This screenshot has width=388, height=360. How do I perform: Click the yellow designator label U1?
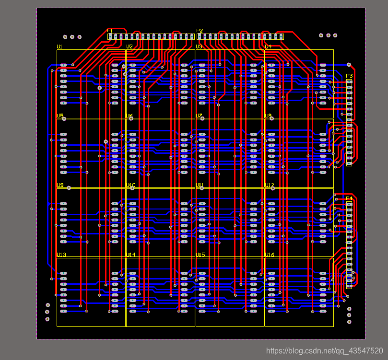pos(59,46)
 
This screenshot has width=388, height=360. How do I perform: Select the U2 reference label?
pos(129,46)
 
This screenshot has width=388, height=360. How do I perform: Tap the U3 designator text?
pos(199,46)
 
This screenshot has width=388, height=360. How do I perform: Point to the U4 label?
pos(268,46)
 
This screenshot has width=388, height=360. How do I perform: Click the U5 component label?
pos(60,116)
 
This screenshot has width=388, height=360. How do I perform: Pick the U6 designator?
pos(129,116)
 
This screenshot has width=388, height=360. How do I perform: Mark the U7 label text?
pos(199,116)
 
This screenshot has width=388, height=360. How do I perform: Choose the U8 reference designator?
pos(268,116)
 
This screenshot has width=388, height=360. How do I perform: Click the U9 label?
pos(60,185)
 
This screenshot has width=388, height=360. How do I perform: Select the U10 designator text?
pos(131,185)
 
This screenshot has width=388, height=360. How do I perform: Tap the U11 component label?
pos(200,185)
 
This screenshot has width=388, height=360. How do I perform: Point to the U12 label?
pos(270,185)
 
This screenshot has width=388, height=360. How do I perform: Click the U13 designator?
pos(61,255)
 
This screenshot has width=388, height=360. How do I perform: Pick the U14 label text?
pos(131,255)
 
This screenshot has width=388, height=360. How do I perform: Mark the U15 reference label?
pos(200,255)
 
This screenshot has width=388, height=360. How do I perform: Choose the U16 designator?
pos(270,255)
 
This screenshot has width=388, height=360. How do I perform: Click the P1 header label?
pos(110,31)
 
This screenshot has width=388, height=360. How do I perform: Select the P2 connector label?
pos(200,31)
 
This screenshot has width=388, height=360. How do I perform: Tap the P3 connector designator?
pos(349,76)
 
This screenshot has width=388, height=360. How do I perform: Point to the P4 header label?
pos(349,198)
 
